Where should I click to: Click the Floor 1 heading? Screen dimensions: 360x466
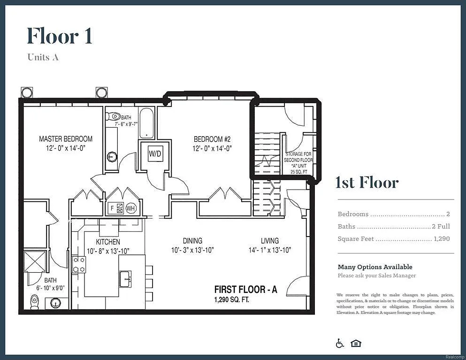click(x=59, y=36)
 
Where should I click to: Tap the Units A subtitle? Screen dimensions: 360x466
click(x=43, y=57)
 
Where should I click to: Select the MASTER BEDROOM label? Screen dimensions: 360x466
click(x=66, y=139)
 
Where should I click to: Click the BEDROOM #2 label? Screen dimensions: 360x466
click(x=212, y=139)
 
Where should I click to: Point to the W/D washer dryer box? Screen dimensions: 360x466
click(x=155, y=153)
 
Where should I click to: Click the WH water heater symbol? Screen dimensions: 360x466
click(x=130, y=208)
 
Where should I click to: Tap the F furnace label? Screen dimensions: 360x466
click(x=112, y=208)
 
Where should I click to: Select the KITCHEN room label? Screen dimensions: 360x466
click(x=108, y=241)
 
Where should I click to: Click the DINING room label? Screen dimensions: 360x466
click(x=192, y=241)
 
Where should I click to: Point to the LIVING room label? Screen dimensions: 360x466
click(x=270, y=241)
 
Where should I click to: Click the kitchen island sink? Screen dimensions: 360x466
click(x=125, y=278)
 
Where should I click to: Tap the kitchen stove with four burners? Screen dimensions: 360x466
click(x=79, y=264)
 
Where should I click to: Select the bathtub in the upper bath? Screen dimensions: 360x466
click(x=146, y=123)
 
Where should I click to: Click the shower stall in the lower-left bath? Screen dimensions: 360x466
click(x=35, y=261)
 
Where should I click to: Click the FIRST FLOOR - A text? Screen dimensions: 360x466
click(x=245, y=290)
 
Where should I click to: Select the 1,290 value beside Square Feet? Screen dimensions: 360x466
click(x=442, y=239)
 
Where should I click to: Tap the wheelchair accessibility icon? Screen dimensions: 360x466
click(x=340, y=344)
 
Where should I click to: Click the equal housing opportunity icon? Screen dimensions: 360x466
click(x=356, y=344)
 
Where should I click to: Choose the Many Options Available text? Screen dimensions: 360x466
click(x=375, y=267)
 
